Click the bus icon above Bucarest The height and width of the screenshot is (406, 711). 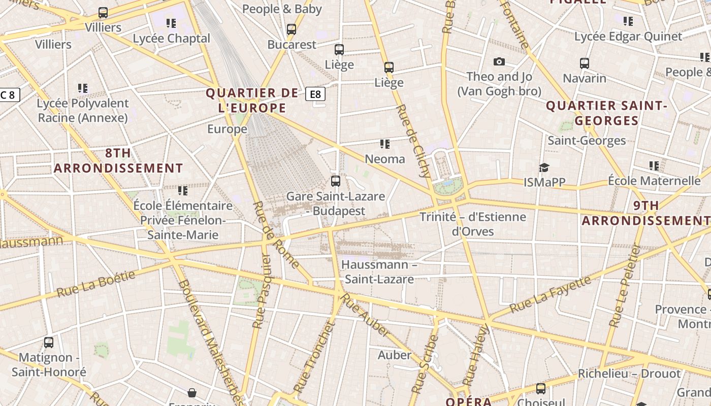point(291,29)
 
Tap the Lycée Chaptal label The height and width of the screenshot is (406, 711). point(171,39)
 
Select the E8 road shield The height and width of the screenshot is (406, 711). point(315,94)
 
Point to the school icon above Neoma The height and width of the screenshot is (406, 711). point(385,144)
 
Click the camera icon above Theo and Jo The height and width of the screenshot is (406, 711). point(499,61)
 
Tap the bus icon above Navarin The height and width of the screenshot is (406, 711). point(585,63)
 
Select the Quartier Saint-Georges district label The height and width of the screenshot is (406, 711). point(606,113)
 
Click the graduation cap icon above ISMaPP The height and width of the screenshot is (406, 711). point(544,167)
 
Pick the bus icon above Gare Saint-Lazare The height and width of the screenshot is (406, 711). point(335,181)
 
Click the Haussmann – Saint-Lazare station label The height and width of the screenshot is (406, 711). point(379,272)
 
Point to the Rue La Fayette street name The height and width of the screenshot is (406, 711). point(550,294)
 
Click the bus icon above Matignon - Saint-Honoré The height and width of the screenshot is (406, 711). point(49,343)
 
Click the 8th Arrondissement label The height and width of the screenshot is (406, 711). point(118,160)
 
